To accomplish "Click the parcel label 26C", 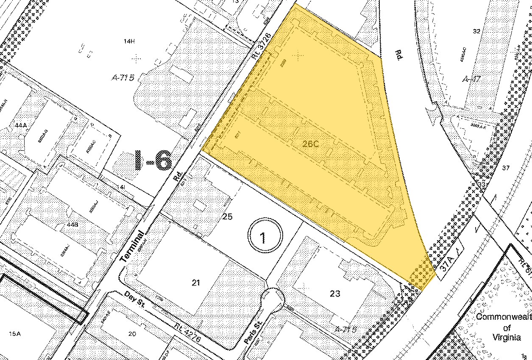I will pos(310,144).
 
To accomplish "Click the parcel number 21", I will pos(195,283).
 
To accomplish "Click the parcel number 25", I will pos(227,217).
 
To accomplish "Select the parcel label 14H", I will pos(128,41).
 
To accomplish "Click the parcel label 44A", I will pos(20,125).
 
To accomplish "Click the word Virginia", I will pos(507,338).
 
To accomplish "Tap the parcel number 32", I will pos(476,31).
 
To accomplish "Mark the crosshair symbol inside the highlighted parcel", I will pos(299,55).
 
